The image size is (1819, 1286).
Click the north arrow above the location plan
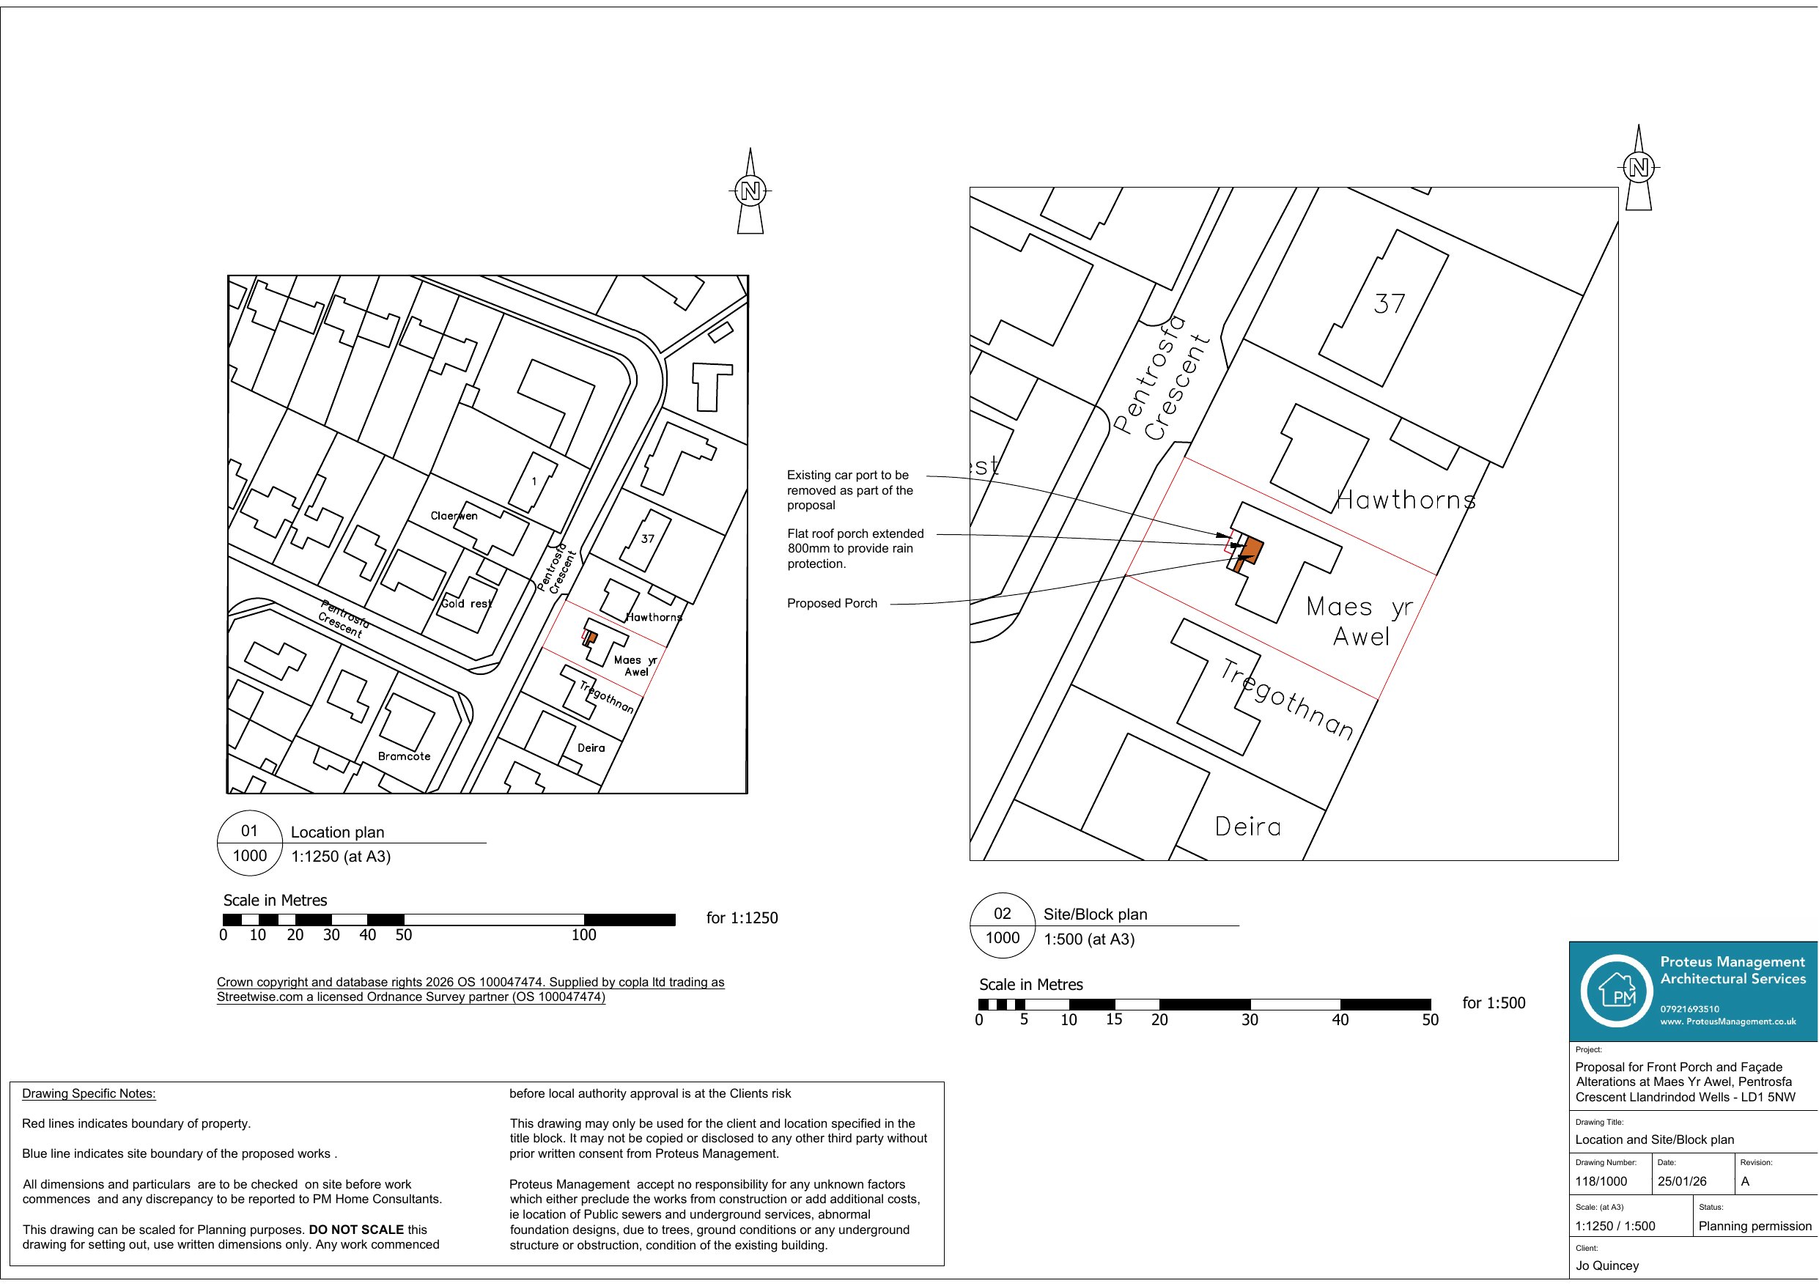[750, 191]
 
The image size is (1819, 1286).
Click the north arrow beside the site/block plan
[1639, 167]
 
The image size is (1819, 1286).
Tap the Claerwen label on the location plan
[454, 516]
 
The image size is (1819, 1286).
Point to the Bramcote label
[404, 756]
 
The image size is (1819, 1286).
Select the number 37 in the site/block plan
[1390, 303]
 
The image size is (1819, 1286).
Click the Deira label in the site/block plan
[1248, 827]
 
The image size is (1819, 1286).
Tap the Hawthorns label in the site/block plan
[1406, 500]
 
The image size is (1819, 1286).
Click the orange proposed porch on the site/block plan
[1251, 549]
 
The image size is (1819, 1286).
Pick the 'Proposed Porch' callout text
[832, 603]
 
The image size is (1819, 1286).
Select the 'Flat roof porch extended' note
[855, 548]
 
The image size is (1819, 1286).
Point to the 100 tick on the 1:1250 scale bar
[584, 935]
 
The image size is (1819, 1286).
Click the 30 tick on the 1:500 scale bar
[1250, 1020]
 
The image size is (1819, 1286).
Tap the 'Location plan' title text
[338, 832]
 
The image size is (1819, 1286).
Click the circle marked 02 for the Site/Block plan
[1002, 925]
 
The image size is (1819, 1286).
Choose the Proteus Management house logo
[1616, 991]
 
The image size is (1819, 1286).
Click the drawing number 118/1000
[1601, 1181]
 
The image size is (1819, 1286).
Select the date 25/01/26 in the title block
[1682, 1181]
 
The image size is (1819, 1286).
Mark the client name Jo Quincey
[1606, 1265]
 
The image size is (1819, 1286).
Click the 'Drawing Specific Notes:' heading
[89, 1093]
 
